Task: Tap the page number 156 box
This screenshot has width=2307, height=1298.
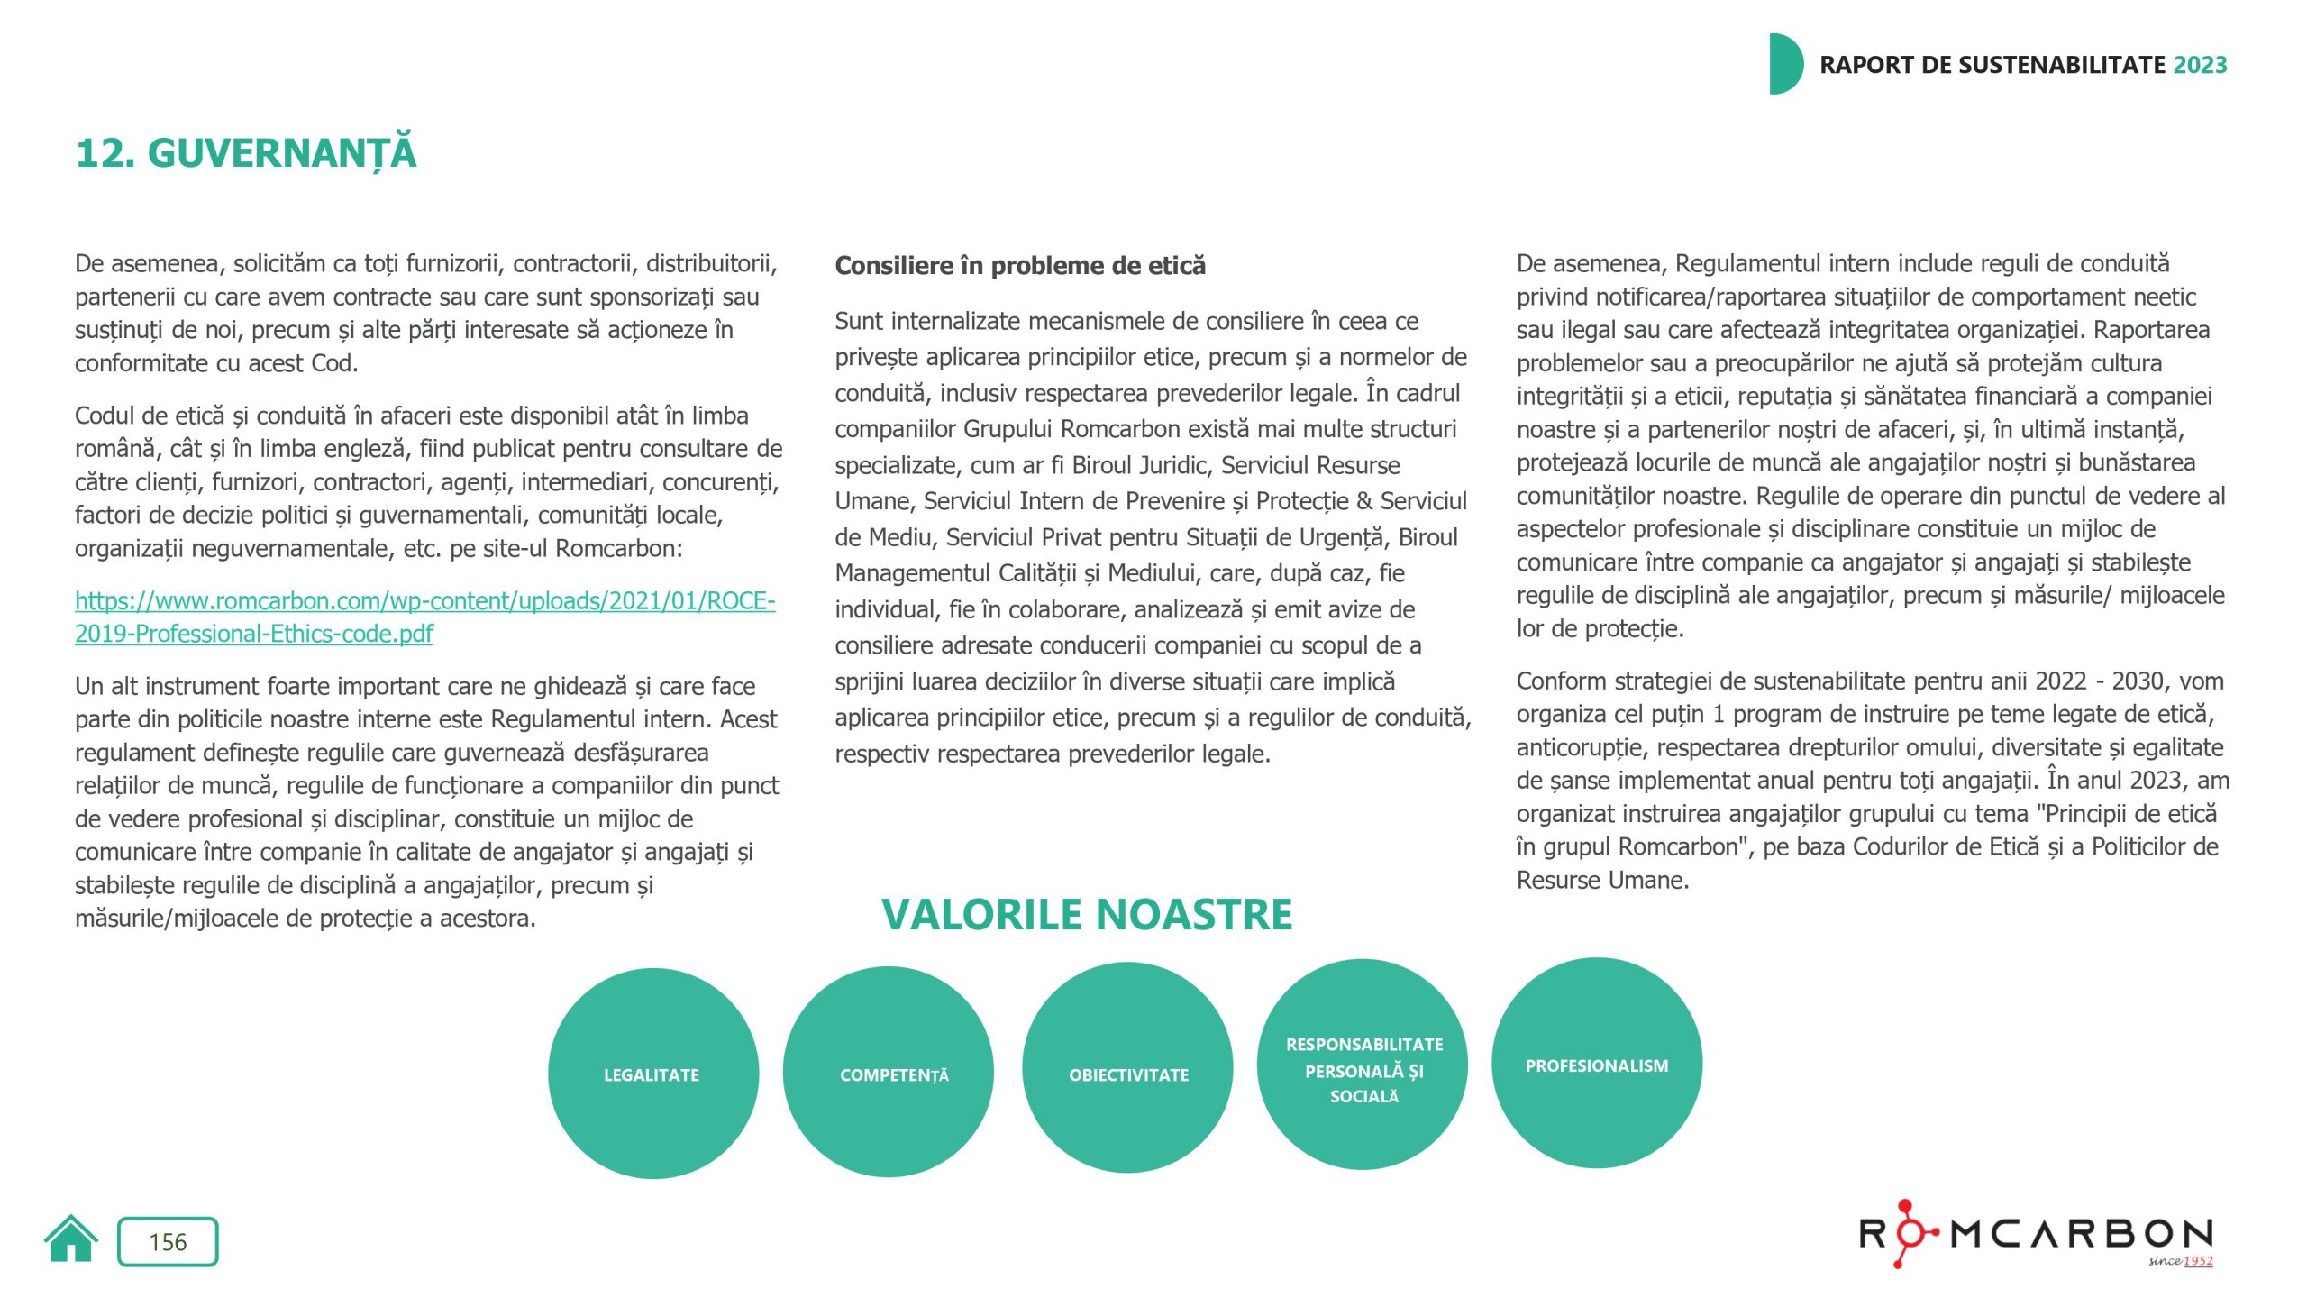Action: click(168, 1242)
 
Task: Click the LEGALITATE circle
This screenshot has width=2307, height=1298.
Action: click(652, 1074)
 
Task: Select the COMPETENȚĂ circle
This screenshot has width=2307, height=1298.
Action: click(889, 1072)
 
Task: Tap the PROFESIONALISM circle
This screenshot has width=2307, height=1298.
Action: click(1596, 1064)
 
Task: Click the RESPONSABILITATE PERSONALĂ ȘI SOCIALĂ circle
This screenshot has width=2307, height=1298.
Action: click(1363, 1065)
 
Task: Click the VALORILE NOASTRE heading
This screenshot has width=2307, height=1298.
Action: click(1087, 914)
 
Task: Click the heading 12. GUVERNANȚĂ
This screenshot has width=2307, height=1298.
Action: click(246, 152)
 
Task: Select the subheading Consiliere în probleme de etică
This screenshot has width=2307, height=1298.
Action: click(1019, 266)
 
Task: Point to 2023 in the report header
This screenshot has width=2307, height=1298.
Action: click(2200, 65)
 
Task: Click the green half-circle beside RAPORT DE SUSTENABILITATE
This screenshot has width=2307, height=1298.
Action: click(1784, 64)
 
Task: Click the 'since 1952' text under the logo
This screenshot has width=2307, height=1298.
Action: click(2180, 1260)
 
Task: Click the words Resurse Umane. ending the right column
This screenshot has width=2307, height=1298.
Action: click(1601, 881)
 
